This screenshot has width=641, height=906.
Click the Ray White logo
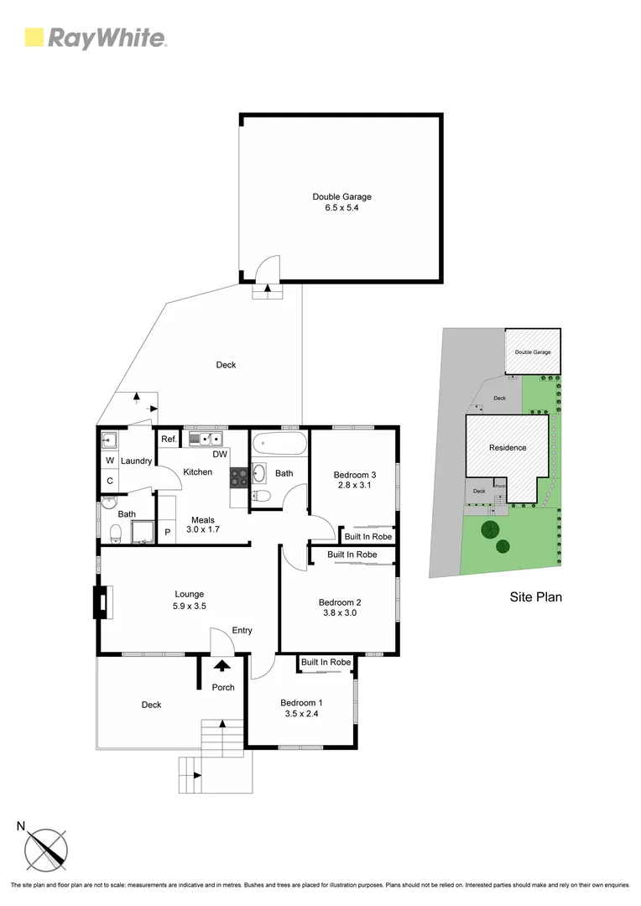point(96,38)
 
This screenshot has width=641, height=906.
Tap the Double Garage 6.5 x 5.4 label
point(341,202)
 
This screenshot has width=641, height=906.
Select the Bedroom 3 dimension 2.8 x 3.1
point(352,485)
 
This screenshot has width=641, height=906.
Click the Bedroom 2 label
point(340,601)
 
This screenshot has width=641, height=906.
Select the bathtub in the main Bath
point(279,441)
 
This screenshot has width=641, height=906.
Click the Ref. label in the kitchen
point(168,439)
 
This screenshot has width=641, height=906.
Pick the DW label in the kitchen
point(220,455)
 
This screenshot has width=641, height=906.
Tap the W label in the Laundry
point(110,461)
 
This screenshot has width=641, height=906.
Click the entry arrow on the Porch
point(222,666)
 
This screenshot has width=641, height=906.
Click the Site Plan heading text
point(535,597)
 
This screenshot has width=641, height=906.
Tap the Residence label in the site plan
point(508,447)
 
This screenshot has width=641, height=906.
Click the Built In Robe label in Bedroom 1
point(326,663)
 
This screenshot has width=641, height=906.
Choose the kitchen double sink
point(206,439)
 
